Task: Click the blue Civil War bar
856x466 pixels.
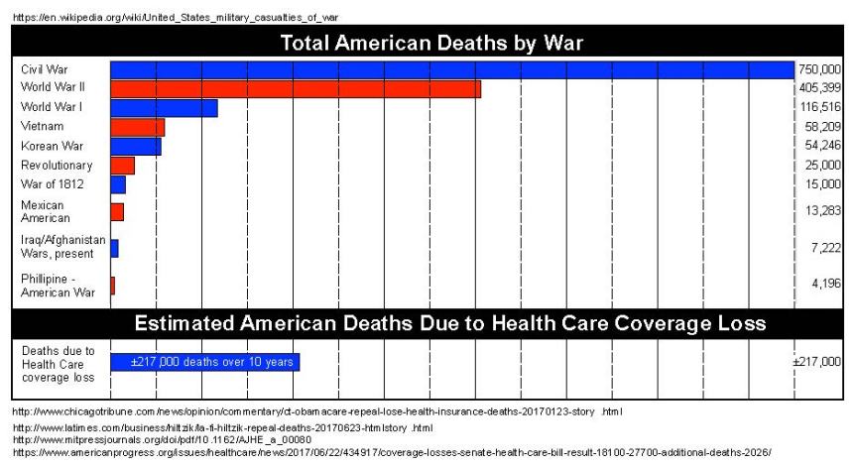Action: pyautogui.click(x=451, y=69)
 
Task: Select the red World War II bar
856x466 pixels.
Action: pyautogui.click(x=295, y=89)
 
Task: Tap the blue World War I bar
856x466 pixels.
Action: pyautogui.click(x=164, y=108)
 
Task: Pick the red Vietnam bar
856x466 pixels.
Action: pyautogui.click(x=137, y=127)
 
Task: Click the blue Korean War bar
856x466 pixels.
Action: pyautogui.click(x=135, y=147)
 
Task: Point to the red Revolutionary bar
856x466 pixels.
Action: pyautogui.click(x=122, y=166)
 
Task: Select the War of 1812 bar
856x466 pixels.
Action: pyautogui.click(x=118, y=184)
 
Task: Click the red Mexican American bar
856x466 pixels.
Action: pyautogui.click(x=117, y=211)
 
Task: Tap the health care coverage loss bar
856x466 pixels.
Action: pyautogui.click(x=204, y=362)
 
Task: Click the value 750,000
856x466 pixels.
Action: pyautogui.click(x=820, y=69)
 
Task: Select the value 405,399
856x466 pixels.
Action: pyautogui.click(x=820, y=88)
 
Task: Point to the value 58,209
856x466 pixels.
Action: pyautogui.click(x=823, y=127)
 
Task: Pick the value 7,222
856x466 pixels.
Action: pyautogui.click(x=826, y=245)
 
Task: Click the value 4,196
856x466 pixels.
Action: pyautogui.click(x=826, y=284)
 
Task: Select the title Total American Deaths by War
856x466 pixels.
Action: pyautogui.click(x=430, y=43)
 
